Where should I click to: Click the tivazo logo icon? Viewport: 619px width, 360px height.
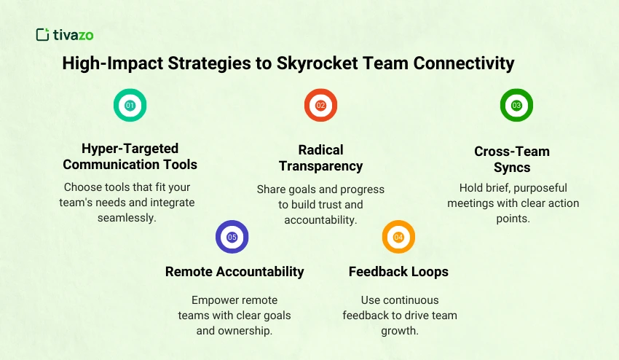[42, 34]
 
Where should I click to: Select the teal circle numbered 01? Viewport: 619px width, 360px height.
[130, 105]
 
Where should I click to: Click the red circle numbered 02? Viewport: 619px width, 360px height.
[320, 105]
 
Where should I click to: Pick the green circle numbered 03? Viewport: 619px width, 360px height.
[516, 105]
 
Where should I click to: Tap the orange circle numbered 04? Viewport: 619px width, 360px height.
[398, 237]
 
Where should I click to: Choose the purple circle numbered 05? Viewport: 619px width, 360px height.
[232, 237]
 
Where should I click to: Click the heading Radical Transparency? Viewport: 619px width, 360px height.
[320, 157]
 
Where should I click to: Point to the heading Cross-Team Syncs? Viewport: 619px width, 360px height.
[512, 160]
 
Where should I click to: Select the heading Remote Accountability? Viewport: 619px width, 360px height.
[234, 272]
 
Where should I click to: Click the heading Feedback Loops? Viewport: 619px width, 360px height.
[398, 272]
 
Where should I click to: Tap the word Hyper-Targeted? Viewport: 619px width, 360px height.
[130, 149]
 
